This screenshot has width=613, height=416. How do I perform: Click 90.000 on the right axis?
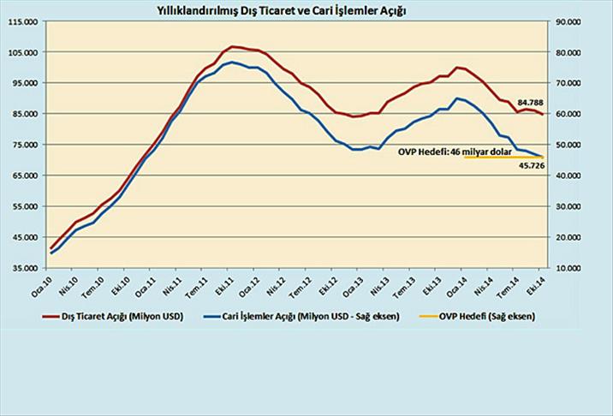click(x=570, y=21)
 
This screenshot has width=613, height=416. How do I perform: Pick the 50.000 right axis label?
click(x=570, y=145)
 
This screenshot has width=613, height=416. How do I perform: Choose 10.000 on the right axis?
click(x=570, y=268)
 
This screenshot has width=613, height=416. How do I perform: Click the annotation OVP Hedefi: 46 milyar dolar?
click(x=455, y=151)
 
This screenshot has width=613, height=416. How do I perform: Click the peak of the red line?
click(x=233, y=46)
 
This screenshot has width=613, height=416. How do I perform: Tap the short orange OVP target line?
click(x=501, y=157)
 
